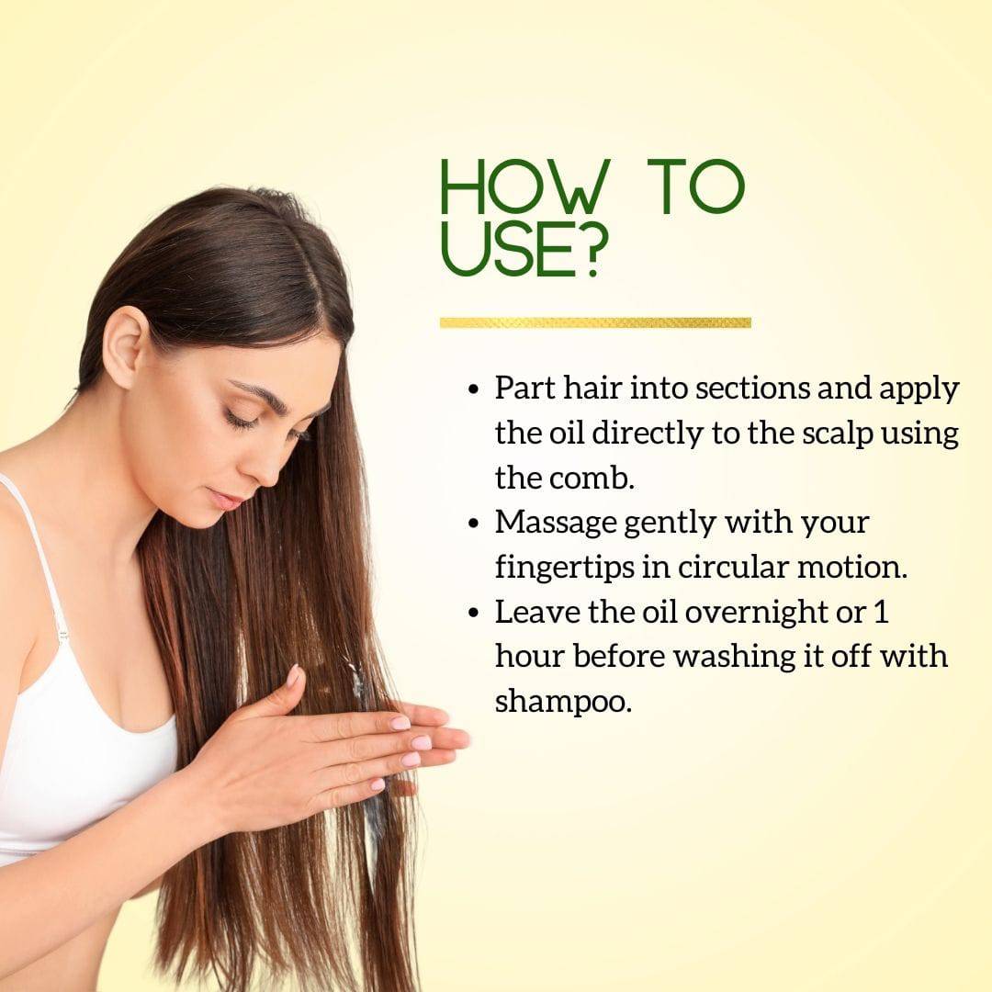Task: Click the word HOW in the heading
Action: pyautogui.click(x=525, y=186)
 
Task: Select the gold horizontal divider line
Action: pyautogui.click(x=595, y=322)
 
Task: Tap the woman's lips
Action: pyautogui.click(x=225, y=500)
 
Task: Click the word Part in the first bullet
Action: pyautogui.click(x=524, y=388)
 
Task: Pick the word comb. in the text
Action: pyautogui.click(x=596, y=478)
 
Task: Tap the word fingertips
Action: pyautogui.click(x=564, y=569)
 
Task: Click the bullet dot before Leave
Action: pyautogui.click(x=474, y=613)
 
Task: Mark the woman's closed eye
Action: pyautogui.click(x=242, y=420)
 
